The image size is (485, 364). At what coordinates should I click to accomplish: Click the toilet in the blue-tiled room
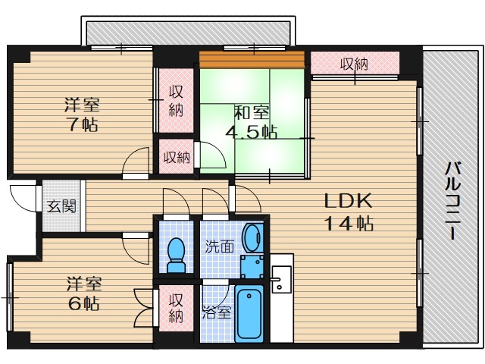(176, 255)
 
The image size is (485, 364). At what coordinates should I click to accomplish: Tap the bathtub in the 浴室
(249, 313)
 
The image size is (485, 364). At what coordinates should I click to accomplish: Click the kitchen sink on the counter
(281, 280)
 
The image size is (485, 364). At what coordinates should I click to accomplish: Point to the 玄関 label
(61, 206)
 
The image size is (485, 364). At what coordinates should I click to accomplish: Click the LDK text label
(348, 201)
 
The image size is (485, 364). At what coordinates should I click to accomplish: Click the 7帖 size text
(83, 125)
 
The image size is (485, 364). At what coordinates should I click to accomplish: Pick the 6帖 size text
(84, 303)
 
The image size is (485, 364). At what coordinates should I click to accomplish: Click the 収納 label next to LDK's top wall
(354, 64)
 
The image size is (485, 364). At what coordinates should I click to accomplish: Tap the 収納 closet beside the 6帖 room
(177, 309)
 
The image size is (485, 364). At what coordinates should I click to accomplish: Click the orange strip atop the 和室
(252, 59)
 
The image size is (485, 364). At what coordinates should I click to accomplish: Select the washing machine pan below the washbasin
(252, 267)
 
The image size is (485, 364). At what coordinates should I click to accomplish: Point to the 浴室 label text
(217, 312)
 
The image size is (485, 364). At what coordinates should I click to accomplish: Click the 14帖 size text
(349, 223)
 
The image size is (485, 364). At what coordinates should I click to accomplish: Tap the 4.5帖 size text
(251, 133)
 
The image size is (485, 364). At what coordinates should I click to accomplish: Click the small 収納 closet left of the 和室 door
(177, 157)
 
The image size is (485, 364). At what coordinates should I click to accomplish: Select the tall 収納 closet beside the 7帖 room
(177, 101)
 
